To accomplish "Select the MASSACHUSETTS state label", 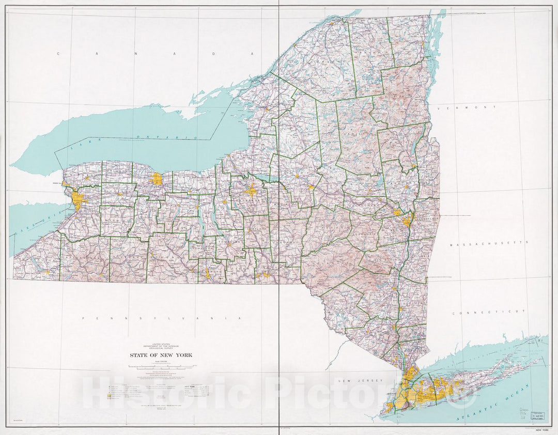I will point(488,242).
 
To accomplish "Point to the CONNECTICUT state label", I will point(489,312).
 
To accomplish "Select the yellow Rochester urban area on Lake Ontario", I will point(157,179).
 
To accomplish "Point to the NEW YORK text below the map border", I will point(541,430).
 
